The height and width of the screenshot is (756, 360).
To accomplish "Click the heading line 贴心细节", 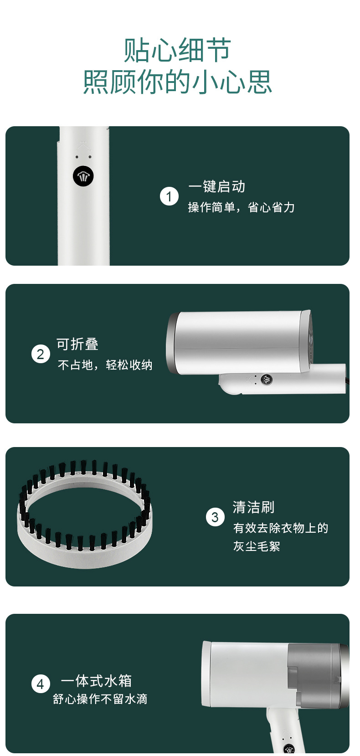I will (177, 50).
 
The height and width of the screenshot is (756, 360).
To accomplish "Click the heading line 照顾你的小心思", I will (177, 82).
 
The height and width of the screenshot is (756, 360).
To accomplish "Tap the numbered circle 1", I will (169, 196).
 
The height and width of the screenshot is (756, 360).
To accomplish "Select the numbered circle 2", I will (41, 354).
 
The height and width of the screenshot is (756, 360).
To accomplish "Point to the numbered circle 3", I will (215, 517).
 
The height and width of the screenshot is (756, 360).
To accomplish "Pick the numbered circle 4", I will (41, 684).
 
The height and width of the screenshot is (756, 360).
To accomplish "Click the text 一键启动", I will (217, 186).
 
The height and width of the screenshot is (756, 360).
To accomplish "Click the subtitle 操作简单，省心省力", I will (242, 207).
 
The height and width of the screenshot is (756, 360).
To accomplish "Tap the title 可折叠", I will (77, 344).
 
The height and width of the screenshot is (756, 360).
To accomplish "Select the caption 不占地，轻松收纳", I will (105, 365).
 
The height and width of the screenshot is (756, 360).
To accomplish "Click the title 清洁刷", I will (253, 507).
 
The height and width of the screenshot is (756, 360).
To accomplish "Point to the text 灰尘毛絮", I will (257, 546).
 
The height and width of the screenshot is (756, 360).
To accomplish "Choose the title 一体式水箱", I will (96, 681).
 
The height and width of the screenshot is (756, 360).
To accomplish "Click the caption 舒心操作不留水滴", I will (100, 699).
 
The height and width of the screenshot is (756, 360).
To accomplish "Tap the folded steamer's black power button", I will (267, 379).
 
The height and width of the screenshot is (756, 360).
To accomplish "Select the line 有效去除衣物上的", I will (281, 528).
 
